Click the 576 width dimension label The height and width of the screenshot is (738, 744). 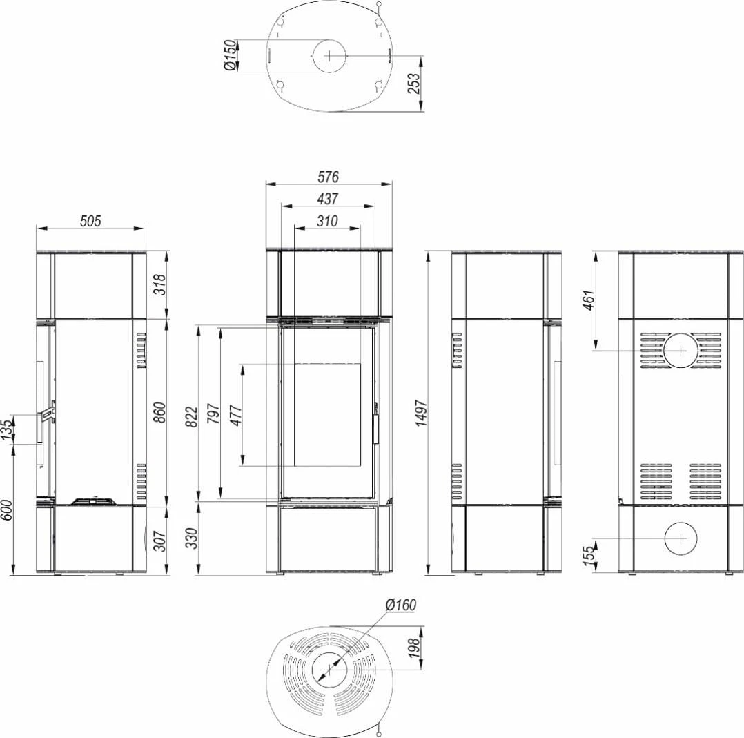328,177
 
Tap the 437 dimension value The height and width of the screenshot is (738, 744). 328,199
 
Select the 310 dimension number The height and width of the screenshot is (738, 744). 327,221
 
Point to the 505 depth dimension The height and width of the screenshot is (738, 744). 90,221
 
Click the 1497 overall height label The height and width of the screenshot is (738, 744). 421,414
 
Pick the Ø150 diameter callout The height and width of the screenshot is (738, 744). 230,56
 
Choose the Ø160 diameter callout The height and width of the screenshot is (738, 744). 401,605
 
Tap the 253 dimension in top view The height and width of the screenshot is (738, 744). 414,84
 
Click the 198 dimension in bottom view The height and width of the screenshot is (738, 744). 414,648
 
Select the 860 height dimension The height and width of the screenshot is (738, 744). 160,412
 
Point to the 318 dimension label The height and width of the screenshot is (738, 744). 160,284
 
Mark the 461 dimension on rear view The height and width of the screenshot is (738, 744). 588,300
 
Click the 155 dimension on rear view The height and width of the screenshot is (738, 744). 588,556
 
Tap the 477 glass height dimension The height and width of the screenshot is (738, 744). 236,416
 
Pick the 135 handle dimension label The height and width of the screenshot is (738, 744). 7,429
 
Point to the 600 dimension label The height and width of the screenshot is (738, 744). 7,509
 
